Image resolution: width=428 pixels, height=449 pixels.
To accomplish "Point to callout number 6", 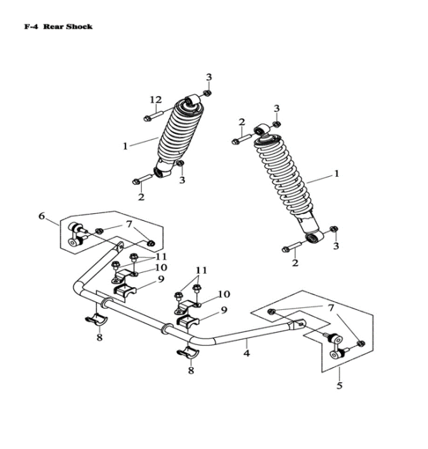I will (x=41, y=216).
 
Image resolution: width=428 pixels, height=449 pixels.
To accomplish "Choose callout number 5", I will (x=339, y=386).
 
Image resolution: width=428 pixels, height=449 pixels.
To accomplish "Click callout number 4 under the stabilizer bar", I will (x=245, y=352).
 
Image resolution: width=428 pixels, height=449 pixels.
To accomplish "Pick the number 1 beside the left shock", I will (x=126, y=146).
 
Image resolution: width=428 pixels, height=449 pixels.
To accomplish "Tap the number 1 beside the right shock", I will (x=337, y=173).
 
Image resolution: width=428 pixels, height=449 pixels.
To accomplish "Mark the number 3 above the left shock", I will (x=209, y=77).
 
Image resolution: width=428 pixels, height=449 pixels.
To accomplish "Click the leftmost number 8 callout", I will (x=99, y=337).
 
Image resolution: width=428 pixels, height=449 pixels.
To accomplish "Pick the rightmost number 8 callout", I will (x=191, y=371).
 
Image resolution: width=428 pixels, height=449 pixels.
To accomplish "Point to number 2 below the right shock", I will (x=294, y=264).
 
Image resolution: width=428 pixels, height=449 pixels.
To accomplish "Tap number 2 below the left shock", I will (x=141, y=197).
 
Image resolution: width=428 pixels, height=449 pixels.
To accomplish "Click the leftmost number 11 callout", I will (x=161, y=257).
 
